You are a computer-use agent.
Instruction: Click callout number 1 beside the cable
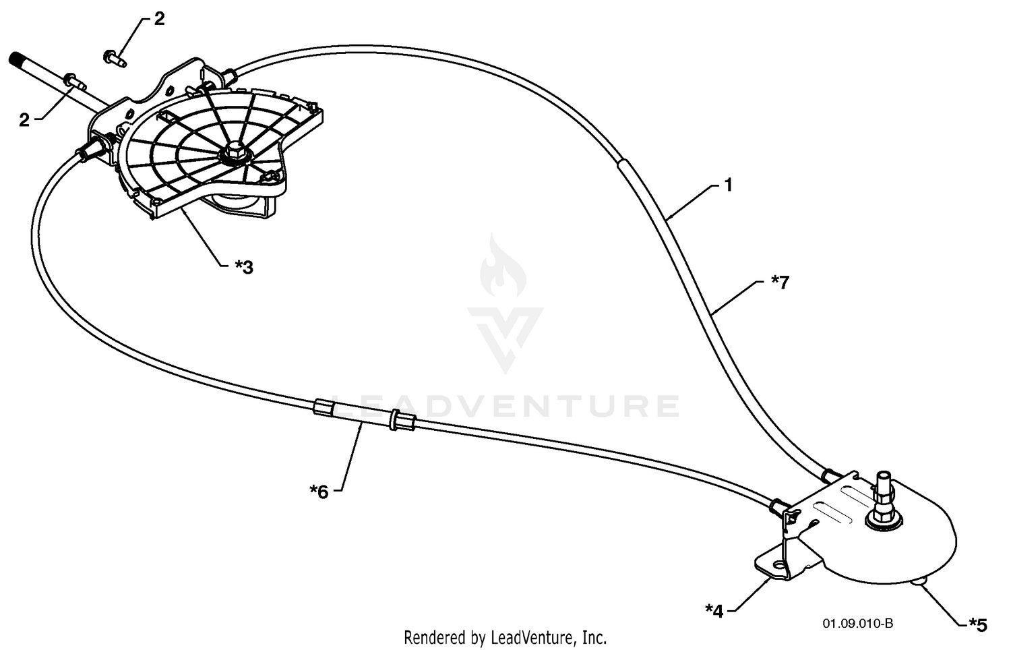click(727, 185)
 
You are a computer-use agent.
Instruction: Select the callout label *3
click(244, 267)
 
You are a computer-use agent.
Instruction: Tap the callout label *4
click(714, 612)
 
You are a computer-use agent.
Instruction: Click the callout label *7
click(780, 283)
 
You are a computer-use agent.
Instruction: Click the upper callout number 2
click(159, 19)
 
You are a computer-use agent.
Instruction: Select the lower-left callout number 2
click(24, 120)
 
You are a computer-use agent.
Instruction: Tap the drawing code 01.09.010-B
click(857, 624)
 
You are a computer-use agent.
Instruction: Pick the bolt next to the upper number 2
click(115, 58)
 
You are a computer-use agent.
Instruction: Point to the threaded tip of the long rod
click(16, 61)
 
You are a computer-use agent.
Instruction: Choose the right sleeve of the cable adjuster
click(401, 421)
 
